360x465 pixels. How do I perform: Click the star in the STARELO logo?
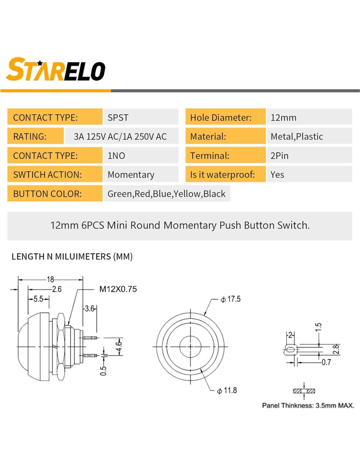[x=40, y=63]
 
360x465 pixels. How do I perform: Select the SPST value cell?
[x=141, y=117]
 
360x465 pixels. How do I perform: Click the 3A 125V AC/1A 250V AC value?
[x=120, y=137]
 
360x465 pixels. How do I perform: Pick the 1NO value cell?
[x=141, y=155]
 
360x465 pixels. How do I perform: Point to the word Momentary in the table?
[x=131, y=175]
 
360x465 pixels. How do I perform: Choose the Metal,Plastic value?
[x=297, y=137]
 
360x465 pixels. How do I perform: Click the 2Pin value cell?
[x=310, y=155]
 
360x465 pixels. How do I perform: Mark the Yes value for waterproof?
[x=277, y=175]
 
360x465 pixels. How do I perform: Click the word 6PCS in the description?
[x=93, y=225]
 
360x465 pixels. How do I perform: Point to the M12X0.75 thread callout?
[x=118, y=289]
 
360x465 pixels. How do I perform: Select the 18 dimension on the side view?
[x=50, y=280]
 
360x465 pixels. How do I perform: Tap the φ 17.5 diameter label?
[x=230, y=299]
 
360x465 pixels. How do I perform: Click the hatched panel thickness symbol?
[x=304, y=391]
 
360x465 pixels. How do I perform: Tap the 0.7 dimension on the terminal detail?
[x=326, y=362]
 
